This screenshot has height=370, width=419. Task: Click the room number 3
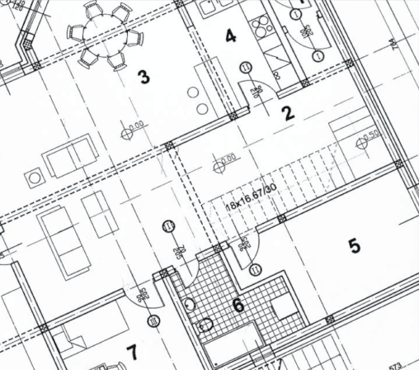click(x=144, y=78)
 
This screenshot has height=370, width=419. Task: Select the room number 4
click(x=230, y=36)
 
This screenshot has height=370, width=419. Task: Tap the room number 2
click(x=288, y=113)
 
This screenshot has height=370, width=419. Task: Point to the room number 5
click(x=354, y=245)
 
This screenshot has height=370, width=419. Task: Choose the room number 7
click(x=131, y=353)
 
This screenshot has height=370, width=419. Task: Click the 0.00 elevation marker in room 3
click(x=131, y=127)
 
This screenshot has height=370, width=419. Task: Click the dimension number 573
click(x=394, y=364)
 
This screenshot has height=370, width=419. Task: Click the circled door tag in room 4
click(x=245, y=69)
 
